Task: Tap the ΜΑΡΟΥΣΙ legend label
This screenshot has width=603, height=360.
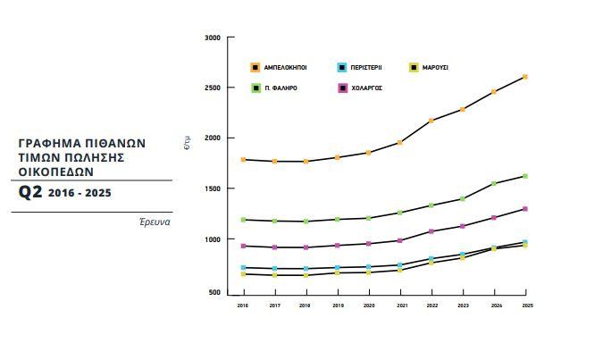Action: click(x=435, y=67)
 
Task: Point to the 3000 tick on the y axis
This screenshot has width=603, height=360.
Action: click(x=212, y=38)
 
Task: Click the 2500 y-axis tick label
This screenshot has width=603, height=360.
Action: click(x=212, y=88)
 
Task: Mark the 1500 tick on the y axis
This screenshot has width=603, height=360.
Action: click(x=212, y=189)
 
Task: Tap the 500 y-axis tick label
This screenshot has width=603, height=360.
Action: click(x=214, y=292)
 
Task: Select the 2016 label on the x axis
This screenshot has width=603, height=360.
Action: click(x=242, y=306)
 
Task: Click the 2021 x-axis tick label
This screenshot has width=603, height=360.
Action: click(x=399, y=306)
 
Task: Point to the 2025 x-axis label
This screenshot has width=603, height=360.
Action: click(x=525, y=306)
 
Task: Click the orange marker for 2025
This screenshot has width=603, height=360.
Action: click(x=525, y=77)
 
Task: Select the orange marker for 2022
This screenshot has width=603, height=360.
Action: click(x=431, y=121)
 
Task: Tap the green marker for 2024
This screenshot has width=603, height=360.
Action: click(x=494, y=184)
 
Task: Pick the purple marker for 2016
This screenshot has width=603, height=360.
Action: click(x=243, y=246)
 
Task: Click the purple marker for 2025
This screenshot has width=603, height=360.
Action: click(x=525, y=209)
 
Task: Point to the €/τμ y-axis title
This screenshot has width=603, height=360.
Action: click(x=187, y=142)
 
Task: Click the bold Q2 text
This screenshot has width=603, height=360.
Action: click(x=30, y=192)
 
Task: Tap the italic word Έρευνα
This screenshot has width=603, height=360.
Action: click(x=154, y=222)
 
